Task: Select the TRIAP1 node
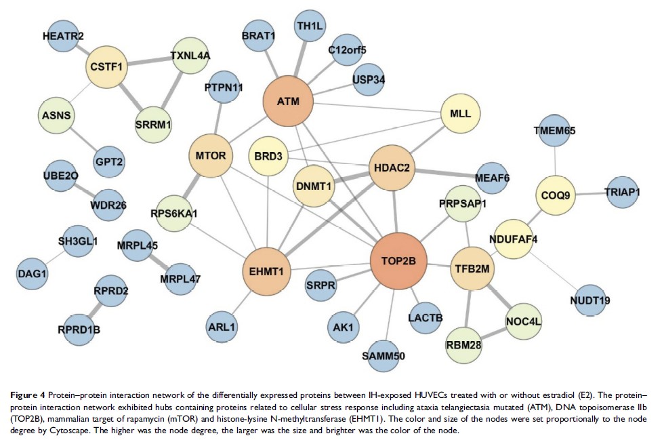click(x=622, y=193)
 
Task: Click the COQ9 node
click(x=556, y=195)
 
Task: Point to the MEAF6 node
click(x=494, y=177)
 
